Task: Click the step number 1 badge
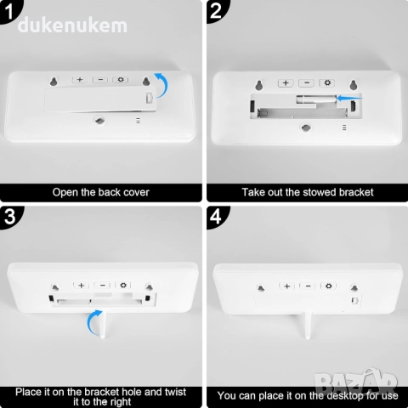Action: (9, 11)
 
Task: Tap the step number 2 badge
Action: (216, 11)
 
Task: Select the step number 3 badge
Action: (9, 217)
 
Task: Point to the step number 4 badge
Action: (216, 217)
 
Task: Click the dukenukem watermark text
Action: (72, 25)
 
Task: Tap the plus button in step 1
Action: (80, 80)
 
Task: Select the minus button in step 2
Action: (307, 82)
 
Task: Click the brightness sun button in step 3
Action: (123, 285)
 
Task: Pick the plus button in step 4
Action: (286, 286)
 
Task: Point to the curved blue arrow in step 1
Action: (166, 83)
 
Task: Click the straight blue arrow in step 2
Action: (349, 99)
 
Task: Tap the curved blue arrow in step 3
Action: (90, 320)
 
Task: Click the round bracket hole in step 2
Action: (305, 127)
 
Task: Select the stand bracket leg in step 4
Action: (308, 326)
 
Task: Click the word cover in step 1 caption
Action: (136, 192)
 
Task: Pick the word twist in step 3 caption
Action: (175, 392)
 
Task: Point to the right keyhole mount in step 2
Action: (353, 85)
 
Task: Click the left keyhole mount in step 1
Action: (54, 82)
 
